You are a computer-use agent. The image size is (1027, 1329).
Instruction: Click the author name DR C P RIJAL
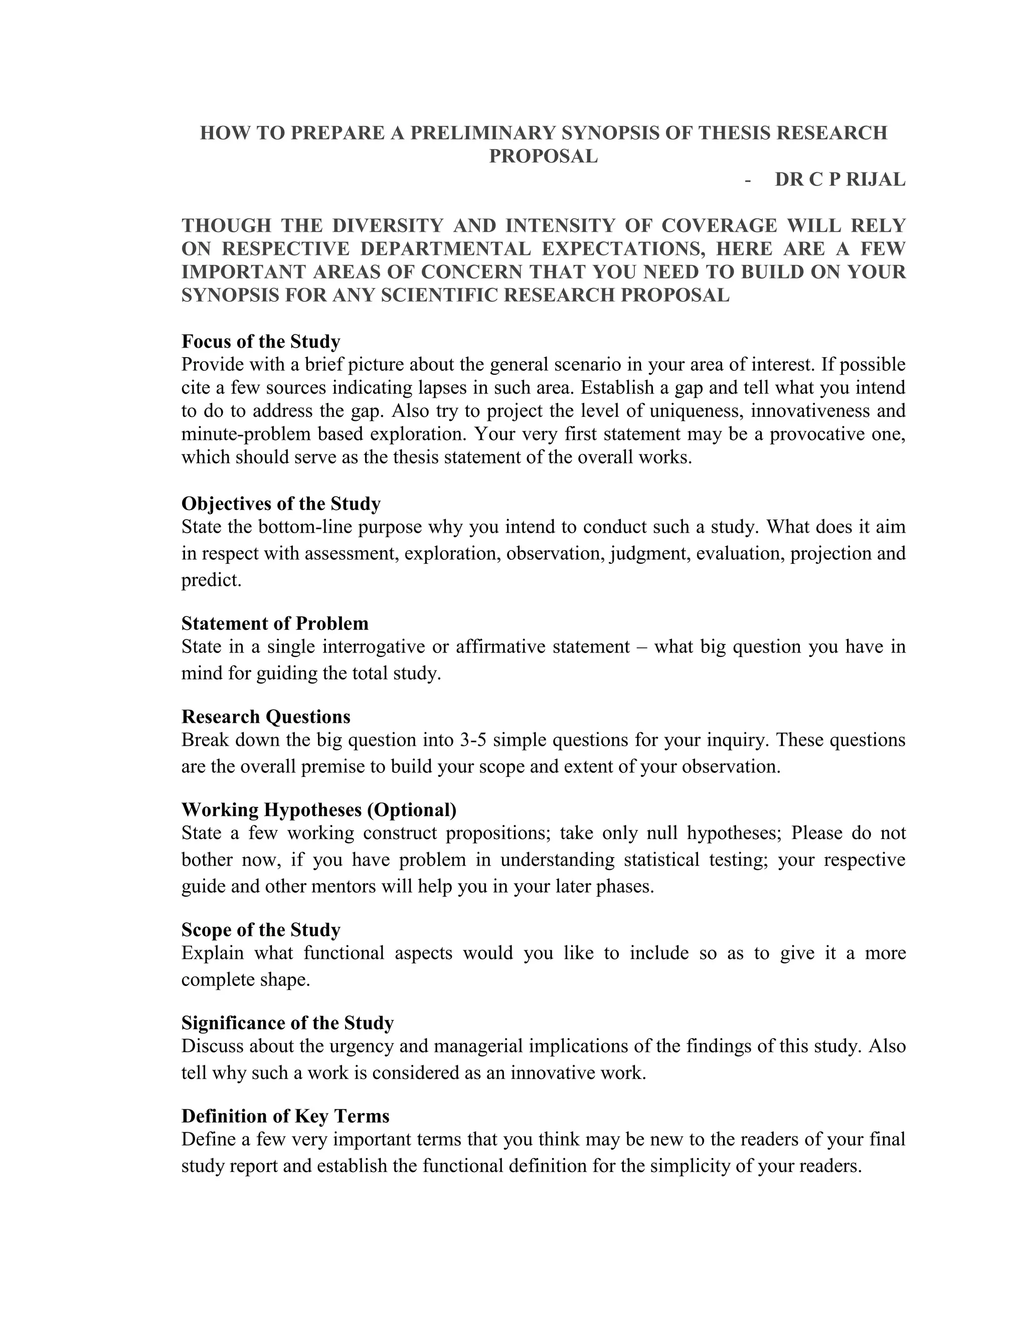839,180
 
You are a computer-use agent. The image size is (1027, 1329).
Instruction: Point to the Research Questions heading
265,716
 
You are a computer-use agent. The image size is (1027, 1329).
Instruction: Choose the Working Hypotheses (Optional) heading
319,809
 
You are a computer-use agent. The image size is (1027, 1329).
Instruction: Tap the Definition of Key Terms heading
285,1115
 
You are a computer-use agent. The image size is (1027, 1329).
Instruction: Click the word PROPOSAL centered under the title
543,156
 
